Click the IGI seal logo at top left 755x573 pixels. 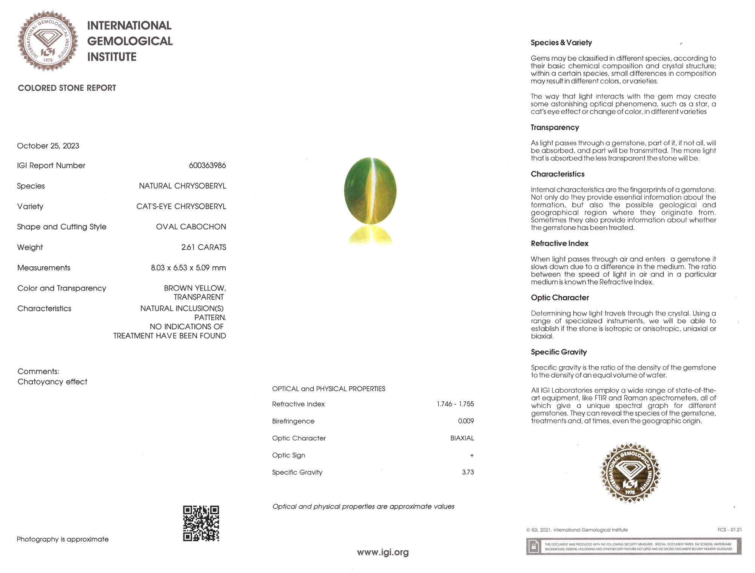(x=48, y=41)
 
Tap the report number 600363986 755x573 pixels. (x=207, y=165)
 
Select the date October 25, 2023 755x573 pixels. (x=48, y=146)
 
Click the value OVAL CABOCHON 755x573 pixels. (x=191, y=227)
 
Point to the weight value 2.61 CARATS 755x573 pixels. (x=203, y=247)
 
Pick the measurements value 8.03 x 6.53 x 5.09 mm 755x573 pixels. (x=188, y=268)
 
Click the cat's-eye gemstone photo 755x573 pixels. (x=370, y=191)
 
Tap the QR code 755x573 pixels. (x=201, y=523)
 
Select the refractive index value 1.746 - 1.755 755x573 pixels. (x=455, y=404)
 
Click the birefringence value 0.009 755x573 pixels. (x=466, y=421)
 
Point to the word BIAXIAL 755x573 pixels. (x=462, y=438)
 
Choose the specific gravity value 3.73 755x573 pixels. (x=468, y=472)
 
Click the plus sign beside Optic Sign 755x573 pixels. (x=472, y=456)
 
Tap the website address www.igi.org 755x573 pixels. (x=383, y=552)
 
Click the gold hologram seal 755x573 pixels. (x=630, y=473)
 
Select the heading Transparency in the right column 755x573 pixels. (x=555, y=128)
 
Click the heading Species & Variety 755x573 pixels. (x=561, y=43)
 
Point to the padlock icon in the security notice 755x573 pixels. (x=534, y=547)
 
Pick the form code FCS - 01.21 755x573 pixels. (x=729, y=530)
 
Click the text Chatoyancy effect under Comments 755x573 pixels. (x=52, y=382)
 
